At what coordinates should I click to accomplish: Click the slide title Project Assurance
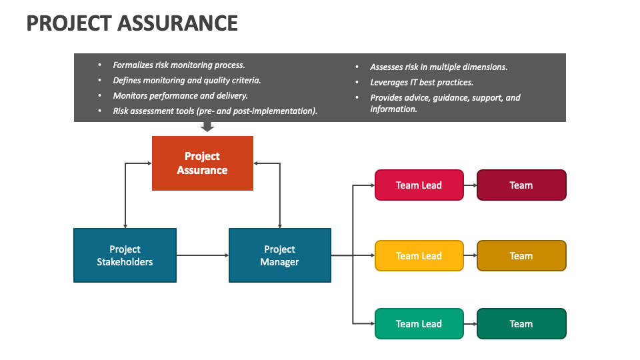tap(132, 23)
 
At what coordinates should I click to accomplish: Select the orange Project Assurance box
tap(203, 163)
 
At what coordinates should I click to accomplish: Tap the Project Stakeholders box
tap(125, 255)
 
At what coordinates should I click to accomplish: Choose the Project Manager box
tap(279, 255)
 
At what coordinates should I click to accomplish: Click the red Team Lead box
tap(419, 185)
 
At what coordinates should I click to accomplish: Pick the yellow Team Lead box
tap(419, 256)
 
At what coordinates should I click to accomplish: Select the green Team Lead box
tap(419, 324)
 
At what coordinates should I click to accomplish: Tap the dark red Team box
tap(521, 185)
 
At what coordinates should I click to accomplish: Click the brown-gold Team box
tap(521, 256)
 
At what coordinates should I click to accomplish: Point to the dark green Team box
tap(521, 324)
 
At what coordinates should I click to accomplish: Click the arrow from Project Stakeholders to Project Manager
tap(203, 255)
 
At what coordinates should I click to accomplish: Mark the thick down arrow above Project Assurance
tap(207, 127)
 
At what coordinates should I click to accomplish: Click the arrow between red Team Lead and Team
tap(470, 185)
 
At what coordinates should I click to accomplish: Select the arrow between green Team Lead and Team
tap(470, 324)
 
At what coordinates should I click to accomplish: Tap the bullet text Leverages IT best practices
tap(421, 82)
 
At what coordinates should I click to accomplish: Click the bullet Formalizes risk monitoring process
tap(179, 65)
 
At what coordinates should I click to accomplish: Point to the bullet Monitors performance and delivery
tap(180, 96)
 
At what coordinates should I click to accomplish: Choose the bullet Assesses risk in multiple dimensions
tap(439, 67)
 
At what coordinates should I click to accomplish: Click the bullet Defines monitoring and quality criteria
tap(187, 81)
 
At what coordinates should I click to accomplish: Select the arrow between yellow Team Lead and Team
tap(470, 256)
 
